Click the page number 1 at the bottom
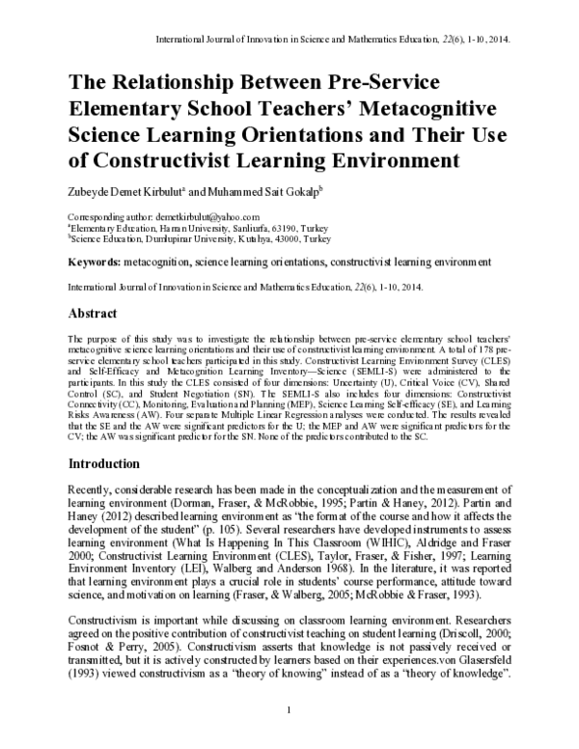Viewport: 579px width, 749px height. click(289, 711)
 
